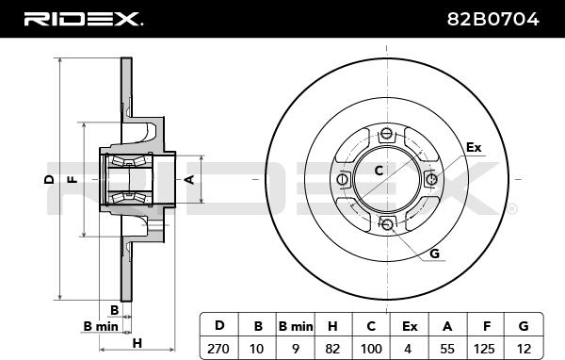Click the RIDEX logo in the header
pyautogui.click(x=83, y=19)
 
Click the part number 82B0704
pyautogui.click(x=492, y=19)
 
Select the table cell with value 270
pyautogui.click(x=218, y=349)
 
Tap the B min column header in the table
pyautogui.click(x=296, y=326)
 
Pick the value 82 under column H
pyautogui.click(x=332, y=349)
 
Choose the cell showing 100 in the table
pyautogui.click(x=371, y=349)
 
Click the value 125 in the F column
pyautogui.click(x=484, y=349)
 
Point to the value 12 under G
pyautogui.click(x=524, y=349)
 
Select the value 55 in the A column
pyautogui.click(x=447, y=349)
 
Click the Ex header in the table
pyautogui.click(x=410, y=326)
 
